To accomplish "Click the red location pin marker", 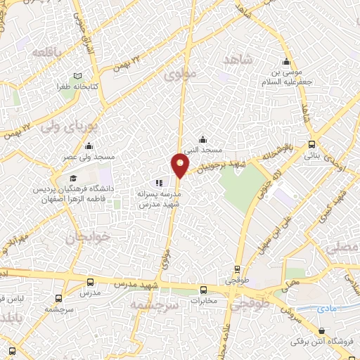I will pyautogui.click(x=180, y=167).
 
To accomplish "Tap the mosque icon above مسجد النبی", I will pyautogui.click(x=203, y=139).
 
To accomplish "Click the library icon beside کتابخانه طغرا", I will pyautogui.click(x=77, y=76).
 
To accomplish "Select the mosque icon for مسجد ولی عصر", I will pyautogui.click(x=89, y=146).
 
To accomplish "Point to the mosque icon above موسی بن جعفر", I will pyautogui.click(x=285, y=60).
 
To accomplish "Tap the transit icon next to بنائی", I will pyautogui.click(x=311, y=144).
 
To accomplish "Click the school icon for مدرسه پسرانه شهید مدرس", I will pyautogui.click(x=148, y=184).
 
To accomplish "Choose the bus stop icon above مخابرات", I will pyautogui.click(x=204, y=289).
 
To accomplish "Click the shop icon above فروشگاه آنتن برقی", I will pyautogui.click(x=321, y=330).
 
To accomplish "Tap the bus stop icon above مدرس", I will pyautogui.click(x=88, y=280).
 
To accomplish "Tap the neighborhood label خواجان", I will pyautogui.click(x=79, y=238).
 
